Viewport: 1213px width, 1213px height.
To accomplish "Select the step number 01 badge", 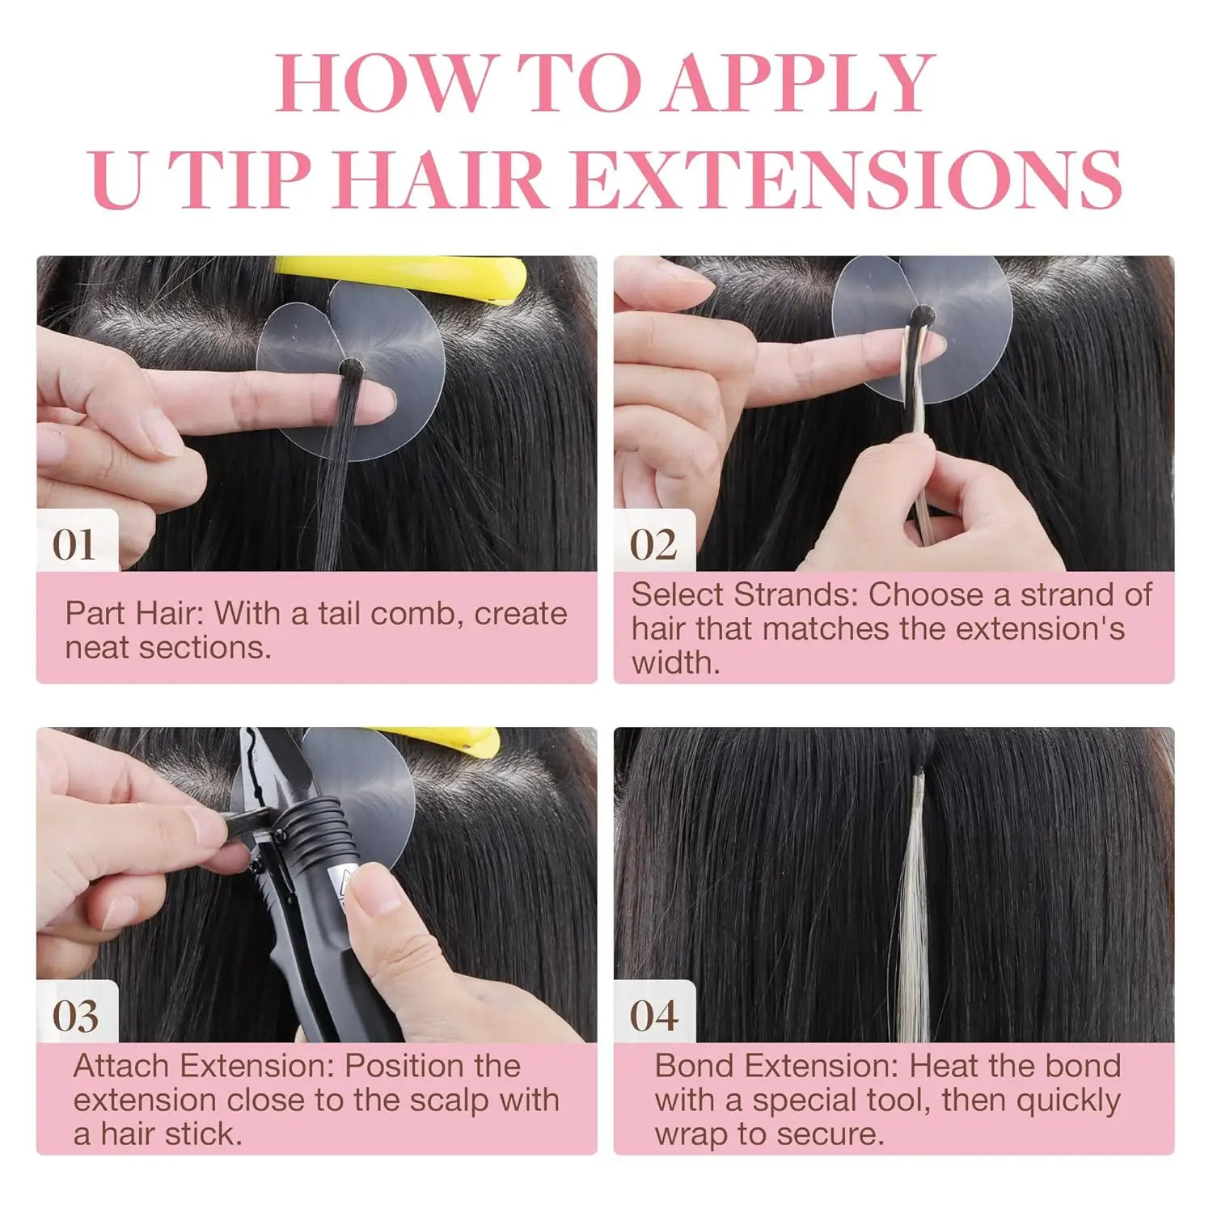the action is point(74,545).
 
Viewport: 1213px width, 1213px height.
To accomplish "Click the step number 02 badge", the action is point(653,545).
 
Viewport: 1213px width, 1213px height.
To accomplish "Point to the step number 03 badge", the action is point(75,1016).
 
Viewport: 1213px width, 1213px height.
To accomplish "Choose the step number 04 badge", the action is point(653,1016).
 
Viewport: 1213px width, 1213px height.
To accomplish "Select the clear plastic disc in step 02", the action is point(922,328).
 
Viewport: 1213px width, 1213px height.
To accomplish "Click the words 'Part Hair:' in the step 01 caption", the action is point(133,614).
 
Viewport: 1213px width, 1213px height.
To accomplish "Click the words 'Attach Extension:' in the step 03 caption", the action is point(204,1066).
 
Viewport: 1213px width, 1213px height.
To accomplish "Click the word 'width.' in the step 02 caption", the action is point(676,663).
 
